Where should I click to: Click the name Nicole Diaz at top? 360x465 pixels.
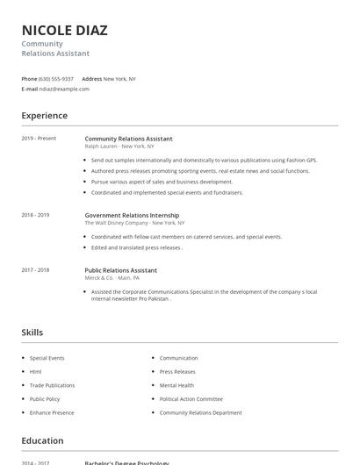coord(65,30)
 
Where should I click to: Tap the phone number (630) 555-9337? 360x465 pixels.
coord(56,79)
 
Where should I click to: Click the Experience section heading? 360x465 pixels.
coord(44,115)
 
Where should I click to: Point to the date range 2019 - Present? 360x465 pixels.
coord(39,139)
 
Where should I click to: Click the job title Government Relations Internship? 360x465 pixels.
coord(132,215)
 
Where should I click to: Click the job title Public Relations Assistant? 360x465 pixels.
coord(121,270)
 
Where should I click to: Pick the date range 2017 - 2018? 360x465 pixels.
coord(35,270)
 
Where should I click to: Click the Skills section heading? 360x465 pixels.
coord(32,333)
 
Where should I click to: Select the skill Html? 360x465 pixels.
coord(35,372)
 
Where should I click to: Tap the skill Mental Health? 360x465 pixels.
coord(176,385)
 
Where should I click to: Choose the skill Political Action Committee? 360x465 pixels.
coord(191,399)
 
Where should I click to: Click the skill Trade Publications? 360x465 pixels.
coord(52,385)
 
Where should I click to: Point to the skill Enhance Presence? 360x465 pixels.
coord(52,412)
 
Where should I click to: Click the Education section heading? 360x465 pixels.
coord(42,440)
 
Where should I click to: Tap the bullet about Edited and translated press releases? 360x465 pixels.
coord(136,247)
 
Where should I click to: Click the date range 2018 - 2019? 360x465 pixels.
coord(35,215)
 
